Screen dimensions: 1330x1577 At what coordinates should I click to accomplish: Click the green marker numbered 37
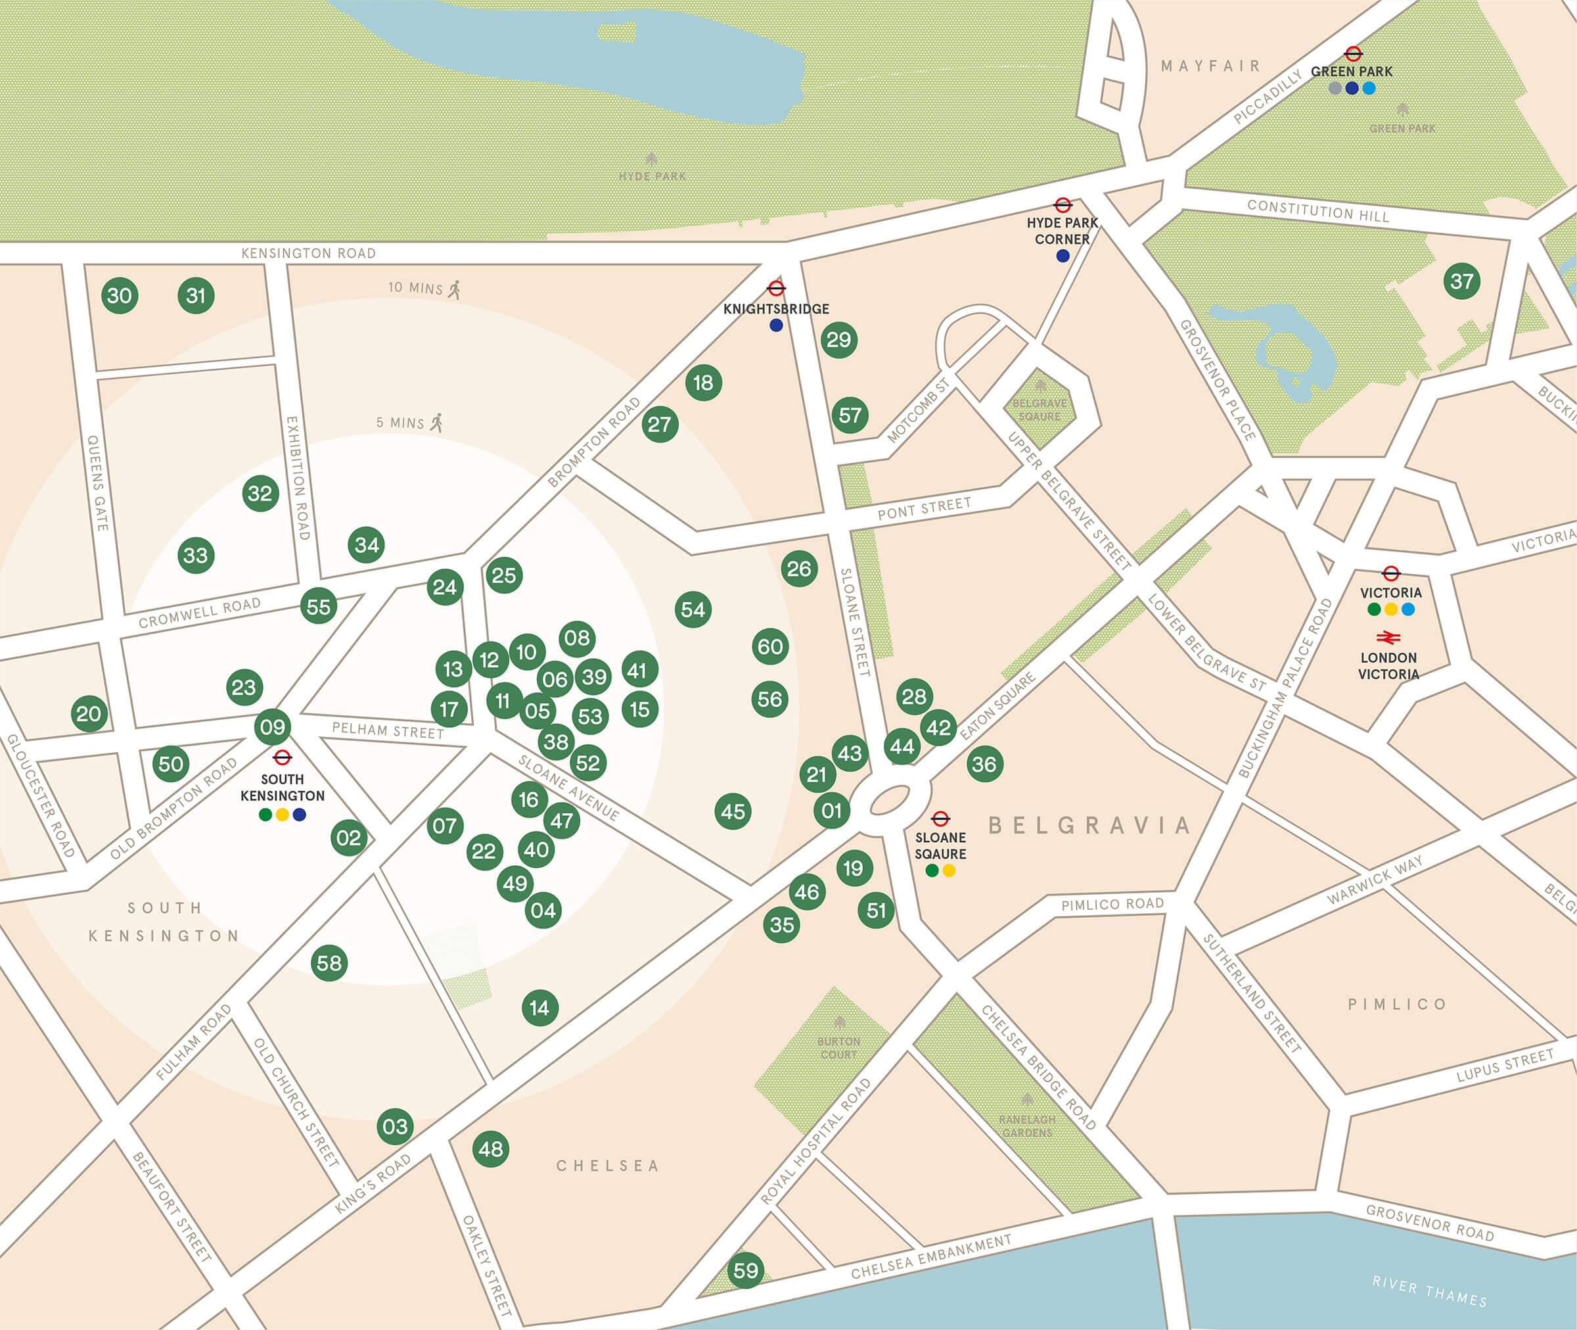tap(1462, 282)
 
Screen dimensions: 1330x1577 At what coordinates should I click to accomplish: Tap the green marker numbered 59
tap(746, 1270)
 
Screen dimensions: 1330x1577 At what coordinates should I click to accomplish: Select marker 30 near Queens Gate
tap(119, 296)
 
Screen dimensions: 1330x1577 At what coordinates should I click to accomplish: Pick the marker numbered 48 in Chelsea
tap(490, 1149)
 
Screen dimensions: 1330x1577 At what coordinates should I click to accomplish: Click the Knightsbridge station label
tap(776, 309)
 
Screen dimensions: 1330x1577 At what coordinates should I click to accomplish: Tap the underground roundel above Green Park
tap(1353, 53)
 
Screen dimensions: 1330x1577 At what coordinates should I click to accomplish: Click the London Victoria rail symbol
tap(1388, 638)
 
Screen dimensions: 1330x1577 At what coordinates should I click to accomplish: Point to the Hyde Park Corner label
tap(1062, 231)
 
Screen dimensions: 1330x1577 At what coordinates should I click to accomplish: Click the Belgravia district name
tap(1089, 826)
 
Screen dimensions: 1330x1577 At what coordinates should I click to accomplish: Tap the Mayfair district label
tap(1211, 66)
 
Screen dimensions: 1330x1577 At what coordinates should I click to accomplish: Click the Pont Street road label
tap(924, 509)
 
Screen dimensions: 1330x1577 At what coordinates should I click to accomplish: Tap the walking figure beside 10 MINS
tap(454, 289)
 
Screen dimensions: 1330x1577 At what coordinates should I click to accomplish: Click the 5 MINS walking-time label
tap(400, 423)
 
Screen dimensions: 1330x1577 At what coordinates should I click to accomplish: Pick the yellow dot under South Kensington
tap(283, 815)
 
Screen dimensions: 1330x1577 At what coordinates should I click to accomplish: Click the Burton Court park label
tap(838, 1048)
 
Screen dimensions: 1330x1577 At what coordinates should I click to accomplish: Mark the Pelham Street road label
tap(388, 730)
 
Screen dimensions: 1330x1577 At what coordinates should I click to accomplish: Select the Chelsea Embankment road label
tap(931, 1257)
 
